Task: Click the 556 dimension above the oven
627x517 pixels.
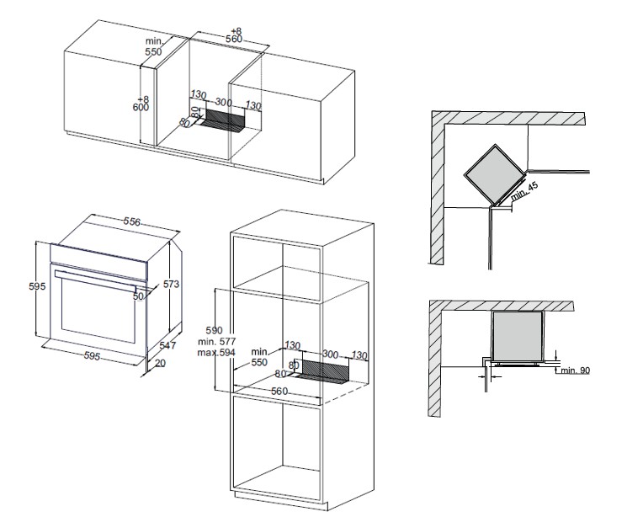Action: [131, 221]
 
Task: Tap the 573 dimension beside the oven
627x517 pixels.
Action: [171, 284]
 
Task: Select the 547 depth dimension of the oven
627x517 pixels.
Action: [167, 345]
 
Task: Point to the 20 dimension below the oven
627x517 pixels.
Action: [160, 363]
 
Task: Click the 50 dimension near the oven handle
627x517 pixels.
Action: [138, 296]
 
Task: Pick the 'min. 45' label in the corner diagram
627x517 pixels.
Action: [524, 191]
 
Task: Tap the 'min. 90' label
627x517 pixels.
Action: [575, 370]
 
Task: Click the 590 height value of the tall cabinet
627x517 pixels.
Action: [214, 330]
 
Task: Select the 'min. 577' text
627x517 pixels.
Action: [217, 341]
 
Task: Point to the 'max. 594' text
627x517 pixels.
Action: [216, 353]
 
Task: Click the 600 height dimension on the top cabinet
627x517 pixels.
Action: [141, 107]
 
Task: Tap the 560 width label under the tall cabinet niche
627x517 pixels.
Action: [279, 391]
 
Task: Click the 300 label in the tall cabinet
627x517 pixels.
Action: [330, 354]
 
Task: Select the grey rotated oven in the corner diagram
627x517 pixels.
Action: [494, 175]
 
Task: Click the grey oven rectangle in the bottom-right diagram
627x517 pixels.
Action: [518, 336]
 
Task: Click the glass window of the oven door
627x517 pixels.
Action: [98, 310]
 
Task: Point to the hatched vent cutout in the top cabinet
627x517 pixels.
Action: [222, 119]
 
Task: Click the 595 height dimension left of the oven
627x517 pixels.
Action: [37, 286]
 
